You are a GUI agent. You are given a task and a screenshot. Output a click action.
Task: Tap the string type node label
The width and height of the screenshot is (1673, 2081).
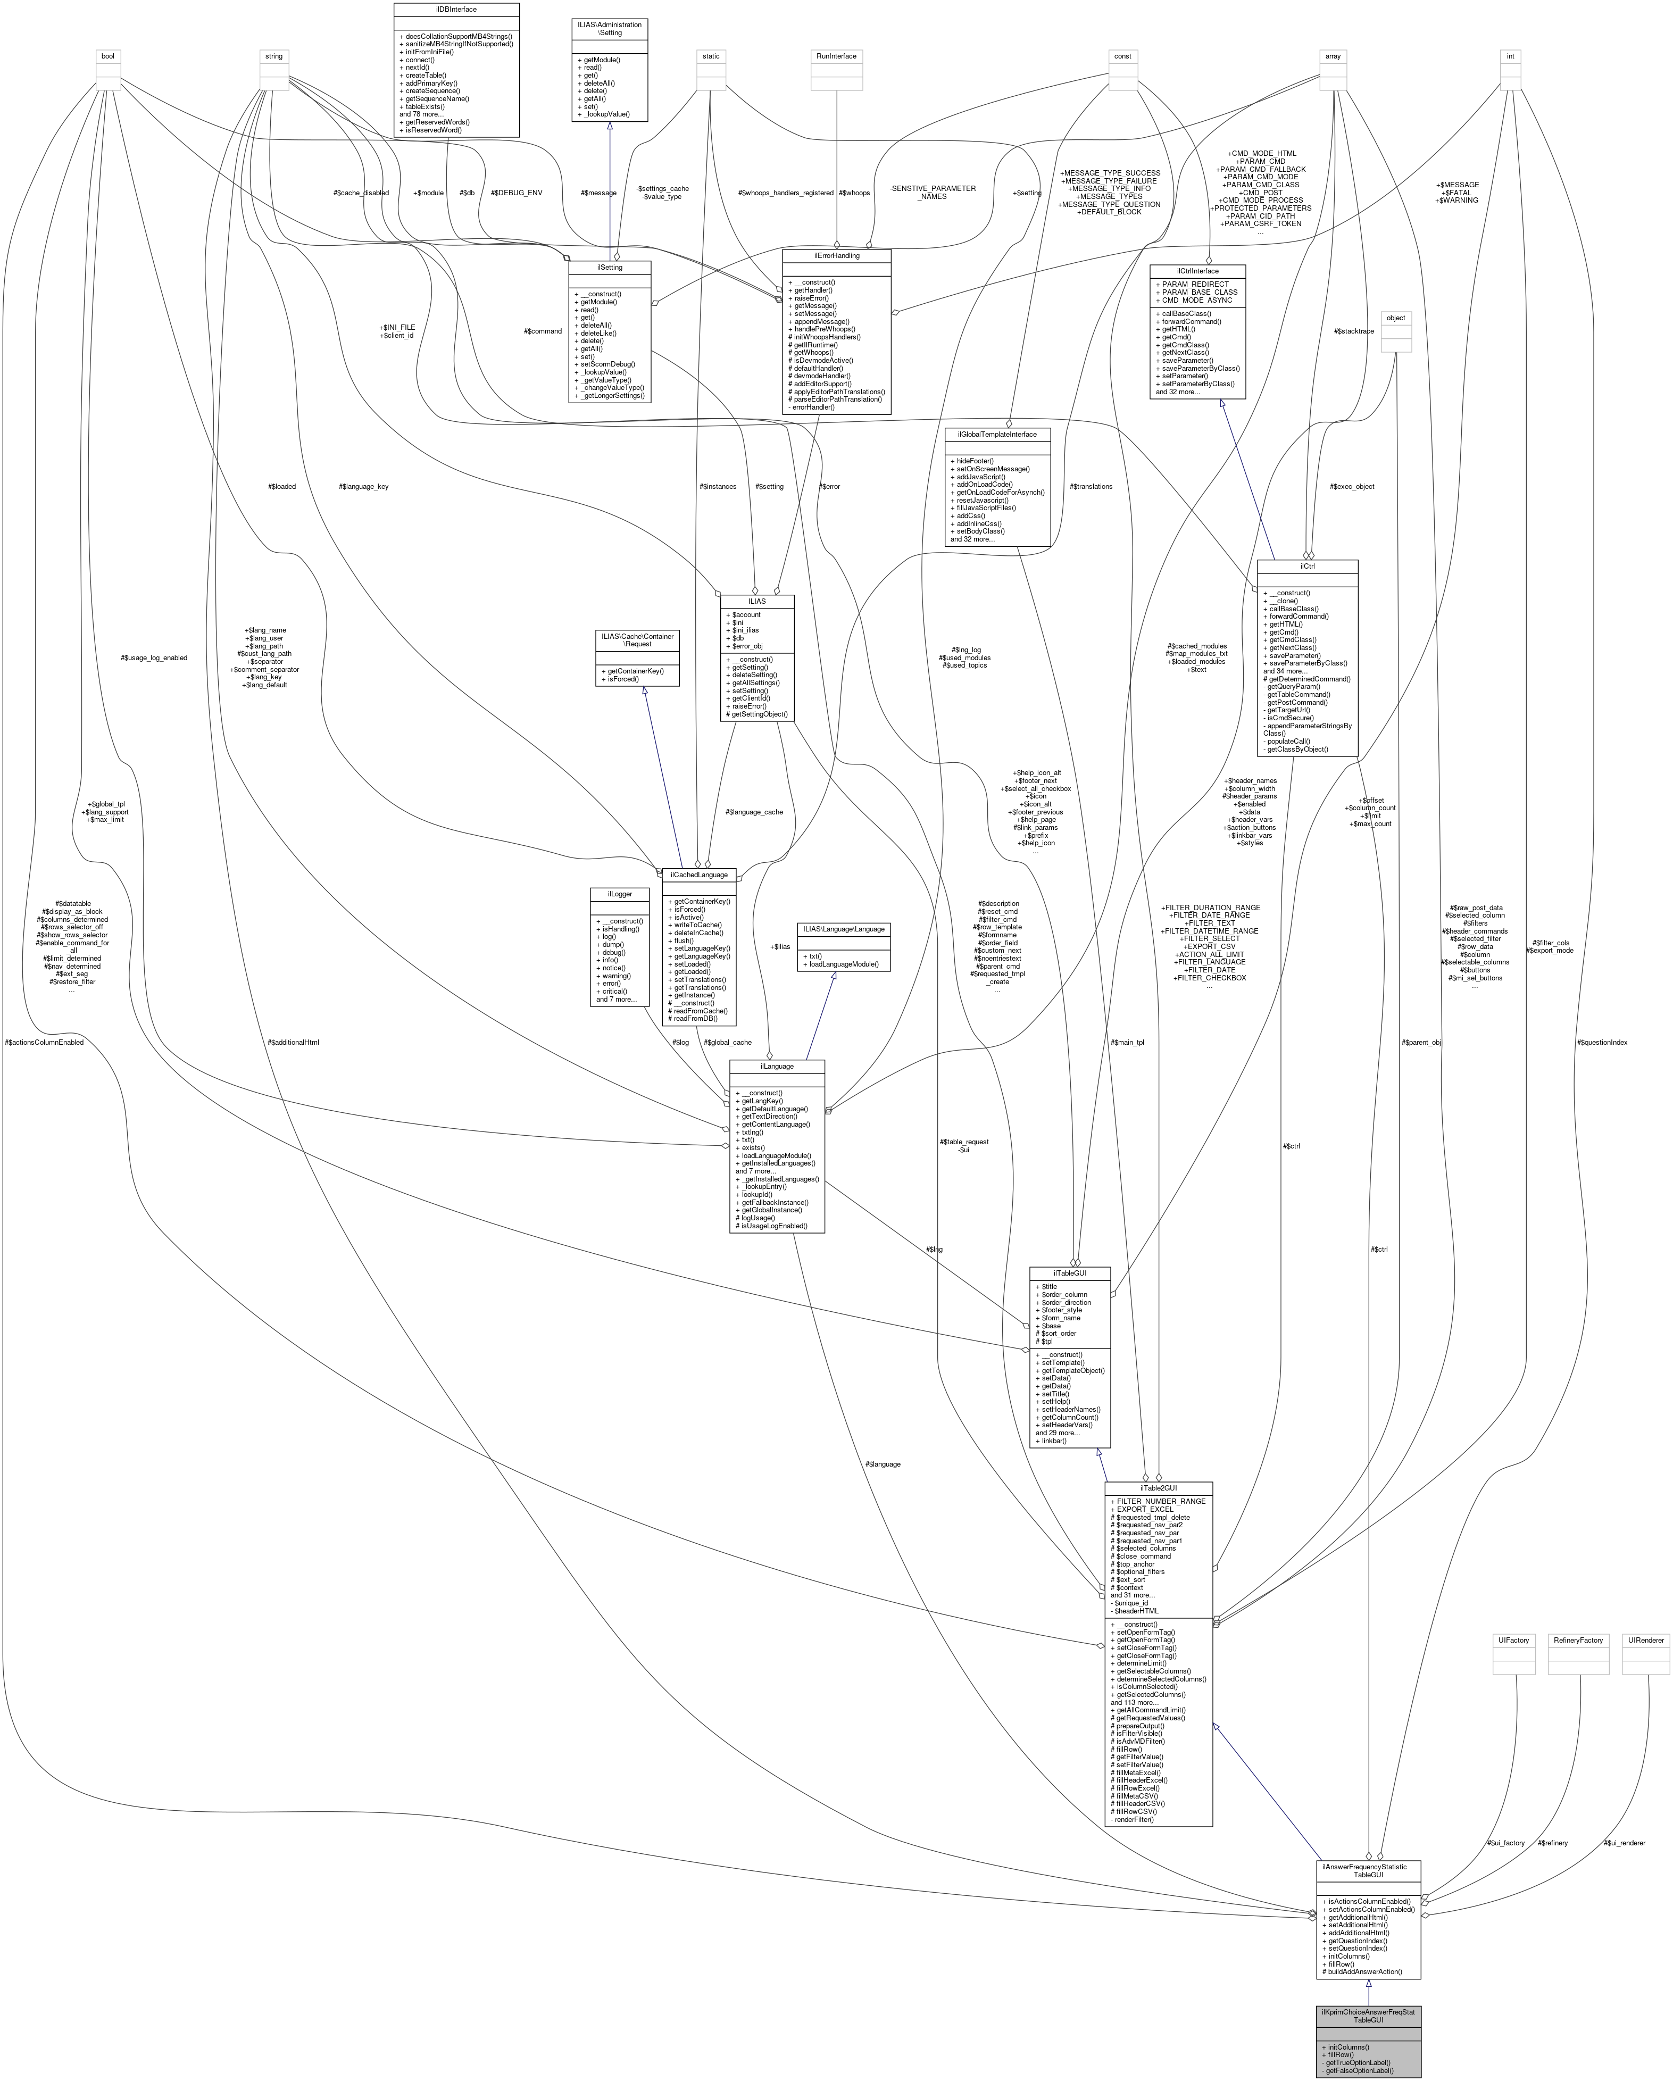tap(274, 56)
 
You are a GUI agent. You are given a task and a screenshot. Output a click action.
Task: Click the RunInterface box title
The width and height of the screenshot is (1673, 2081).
tap(836, 56)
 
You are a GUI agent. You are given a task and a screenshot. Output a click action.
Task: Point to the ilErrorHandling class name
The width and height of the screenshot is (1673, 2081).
tap(836, 256)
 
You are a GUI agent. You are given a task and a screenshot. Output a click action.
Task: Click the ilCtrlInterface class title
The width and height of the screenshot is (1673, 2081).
tap(1197, 271)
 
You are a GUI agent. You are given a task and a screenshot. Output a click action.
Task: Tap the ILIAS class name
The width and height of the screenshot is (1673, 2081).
tap(756, 601)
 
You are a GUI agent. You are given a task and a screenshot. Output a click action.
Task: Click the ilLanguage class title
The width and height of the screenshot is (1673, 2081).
tap(776, 1067)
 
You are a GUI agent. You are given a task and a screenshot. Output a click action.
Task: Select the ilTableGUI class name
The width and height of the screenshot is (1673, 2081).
tap(1070, 1273)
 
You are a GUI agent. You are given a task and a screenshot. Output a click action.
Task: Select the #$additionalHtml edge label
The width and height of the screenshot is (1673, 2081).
tap(293, 1043)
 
